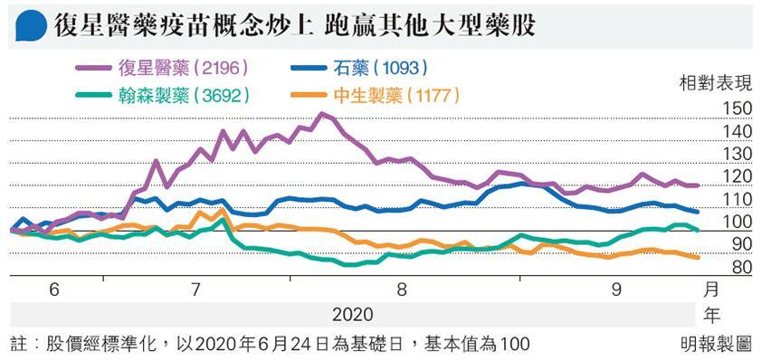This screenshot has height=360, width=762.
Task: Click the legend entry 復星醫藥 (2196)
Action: click(163, 68)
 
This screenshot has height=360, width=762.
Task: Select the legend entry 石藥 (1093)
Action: click(360, 68)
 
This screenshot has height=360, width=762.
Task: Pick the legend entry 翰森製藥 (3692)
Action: click(163, 96)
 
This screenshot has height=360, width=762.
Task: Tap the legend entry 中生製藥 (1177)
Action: click(376, 96)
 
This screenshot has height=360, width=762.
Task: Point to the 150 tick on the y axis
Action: click(738, 109)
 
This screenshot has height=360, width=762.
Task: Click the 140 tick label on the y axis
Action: click(738, 132)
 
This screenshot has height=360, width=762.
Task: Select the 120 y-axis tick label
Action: click(738, 177)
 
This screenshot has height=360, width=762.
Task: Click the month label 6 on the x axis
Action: click(54, 290)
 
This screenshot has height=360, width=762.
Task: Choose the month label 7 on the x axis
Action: click(195, 290)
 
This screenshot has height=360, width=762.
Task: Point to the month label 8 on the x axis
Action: click(402, 290)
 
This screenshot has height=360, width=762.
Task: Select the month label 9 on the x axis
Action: click(617, 290)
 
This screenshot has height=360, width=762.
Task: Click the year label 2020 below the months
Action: click(353, 315)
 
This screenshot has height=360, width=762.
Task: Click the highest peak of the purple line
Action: click(321, 114)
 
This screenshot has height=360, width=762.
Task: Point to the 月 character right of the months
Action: click(711, 290)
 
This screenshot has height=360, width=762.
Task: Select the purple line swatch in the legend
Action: click(93, 68)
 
